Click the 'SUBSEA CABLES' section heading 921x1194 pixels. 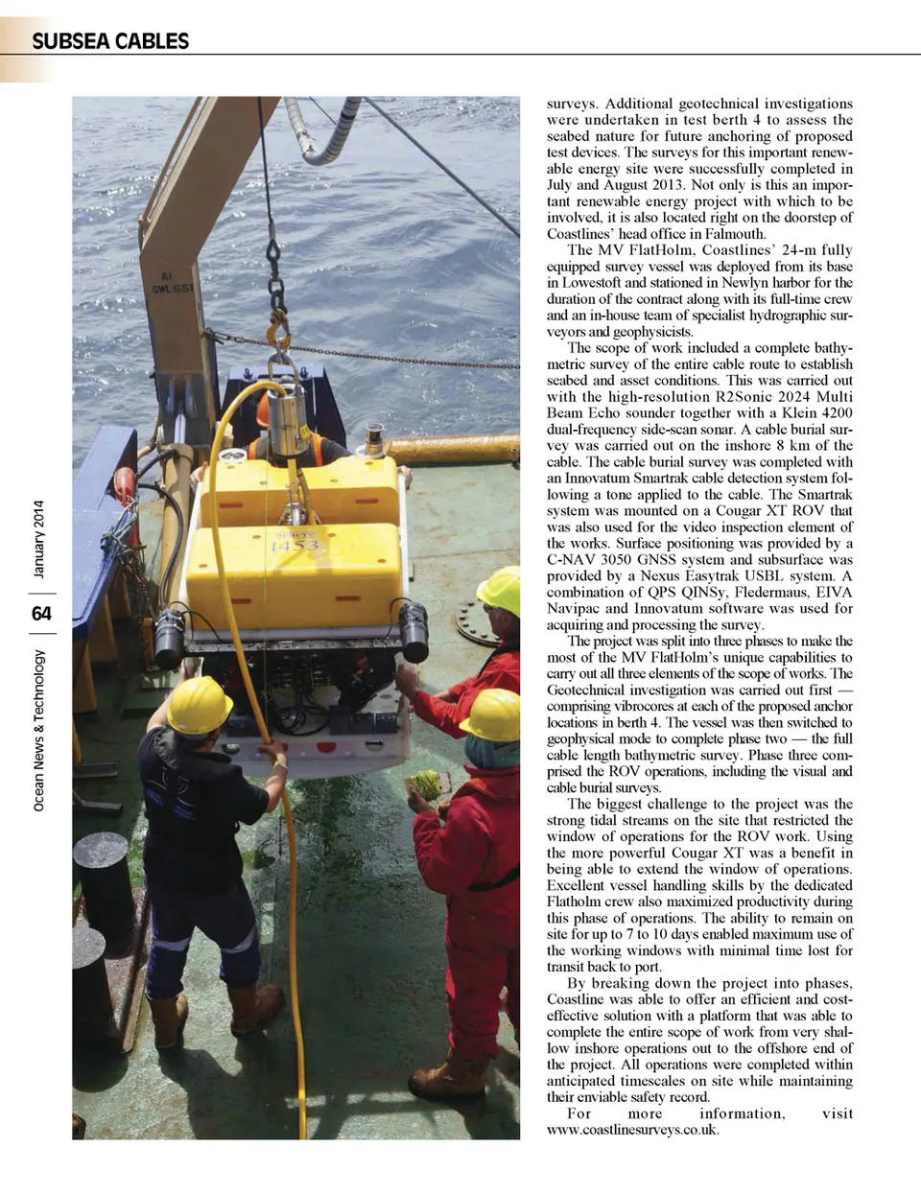[x=110, y=41]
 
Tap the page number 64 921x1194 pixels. [x=40, y=613]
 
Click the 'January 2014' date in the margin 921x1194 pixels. [x=38, y=539]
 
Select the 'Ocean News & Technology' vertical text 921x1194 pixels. [x=38, y=730]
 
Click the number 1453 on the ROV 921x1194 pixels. [x=294, y=547]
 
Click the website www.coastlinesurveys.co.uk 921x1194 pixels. [x=632, y=1130]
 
